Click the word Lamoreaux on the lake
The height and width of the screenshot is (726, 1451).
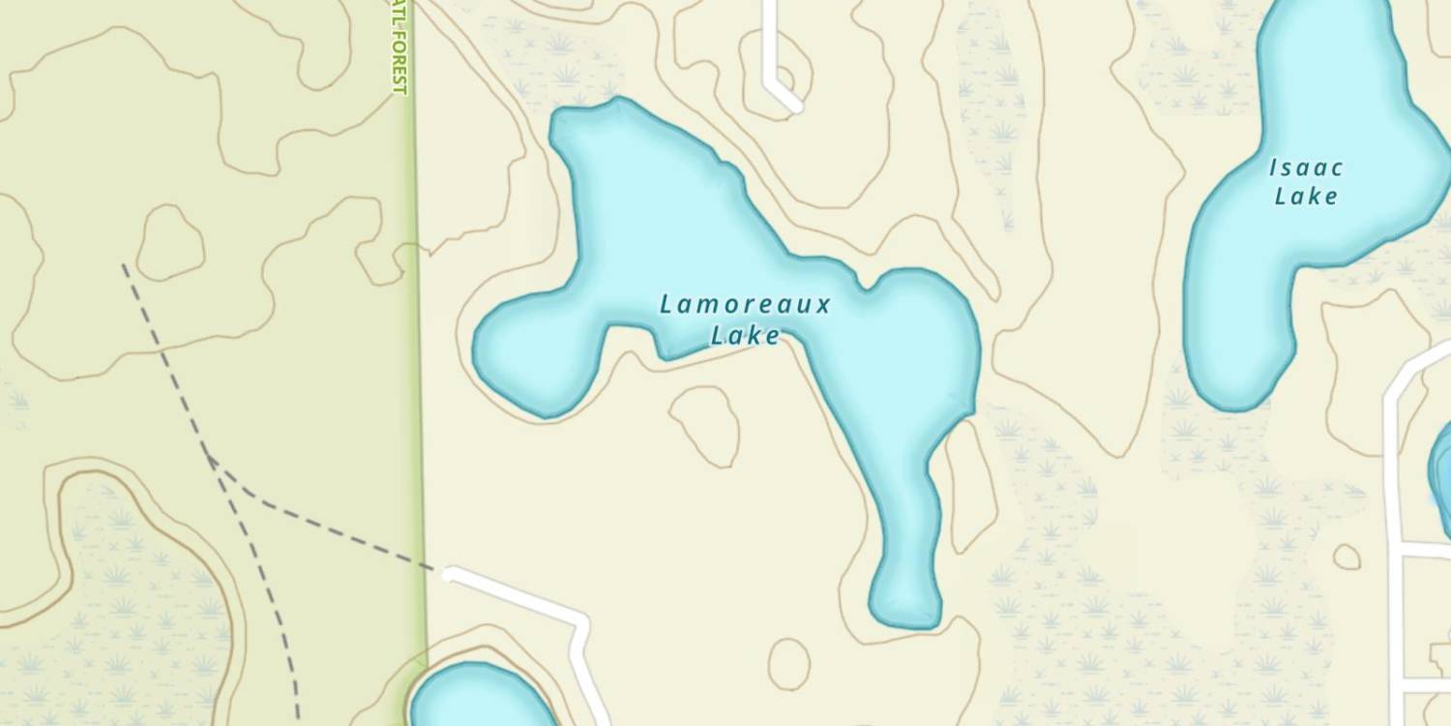tap(745, 305)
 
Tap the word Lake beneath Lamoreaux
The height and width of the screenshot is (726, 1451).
tap(745, 336)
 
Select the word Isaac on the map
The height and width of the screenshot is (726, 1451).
tap(1306, 168)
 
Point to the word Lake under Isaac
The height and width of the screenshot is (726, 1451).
tap(1306, 197)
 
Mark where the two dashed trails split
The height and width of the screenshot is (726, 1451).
tap(209, 457)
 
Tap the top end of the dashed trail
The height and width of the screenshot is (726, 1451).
tap(124, 265)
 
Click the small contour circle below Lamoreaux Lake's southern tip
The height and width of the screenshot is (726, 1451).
tap(789, 664)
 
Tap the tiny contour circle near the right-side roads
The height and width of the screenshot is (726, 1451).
tap(1346, 557)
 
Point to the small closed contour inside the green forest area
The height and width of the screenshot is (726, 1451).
tap(170, 242)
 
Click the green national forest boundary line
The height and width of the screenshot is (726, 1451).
tap(418, 387)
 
